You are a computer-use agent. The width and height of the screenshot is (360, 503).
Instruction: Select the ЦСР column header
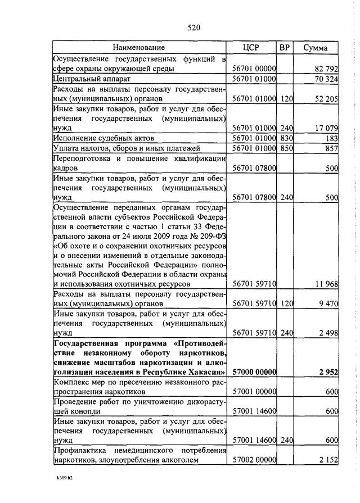click(x=251, y=48)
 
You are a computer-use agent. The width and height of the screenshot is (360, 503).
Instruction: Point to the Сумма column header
click(x=316, y=48)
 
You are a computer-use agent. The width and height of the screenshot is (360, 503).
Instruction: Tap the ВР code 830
click(x=286, y=138)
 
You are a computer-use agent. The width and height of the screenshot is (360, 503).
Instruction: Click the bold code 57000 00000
click(x=254, y=372)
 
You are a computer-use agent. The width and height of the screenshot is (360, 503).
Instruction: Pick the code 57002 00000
click(x=254, y=460)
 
